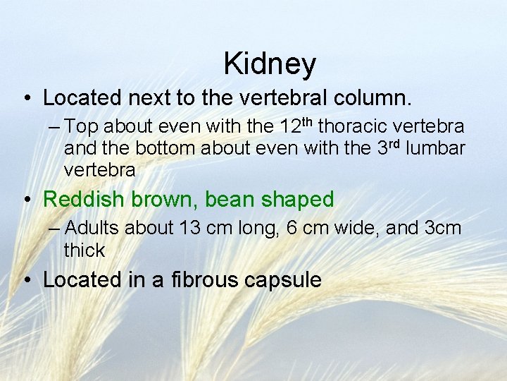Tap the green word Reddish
(x=78, y=200)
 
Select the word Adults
(x=92, y=229)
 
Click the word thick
(x=84, y=250)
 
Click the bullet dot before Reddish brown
(x=26, y=200)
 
